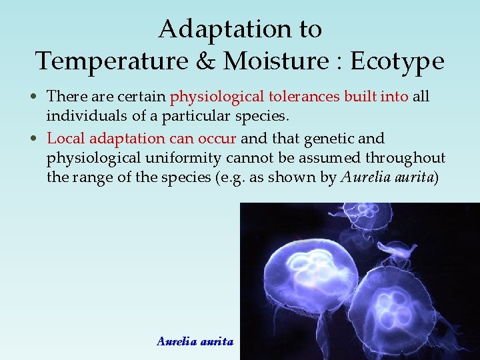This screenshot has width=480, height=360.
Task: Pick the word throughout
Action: click(x=407, y=159)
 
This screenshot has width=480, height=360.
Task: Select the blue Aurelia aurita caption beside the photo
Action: click(x=195, y=341)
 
